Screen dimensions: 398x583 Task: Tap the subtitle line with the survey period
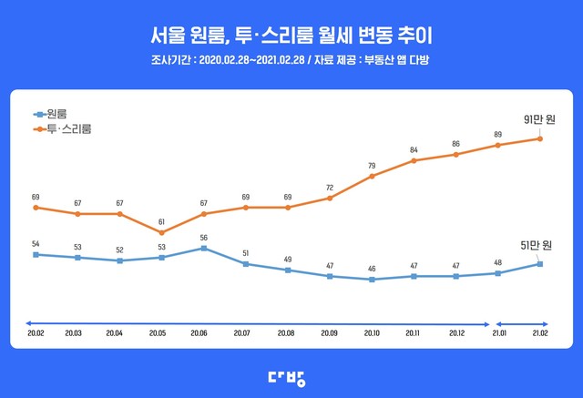click(291, 61)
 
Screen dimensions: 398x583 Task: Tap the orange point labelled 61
click(162, 233)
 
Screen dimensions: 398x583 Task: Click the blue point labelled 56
click(204, 248)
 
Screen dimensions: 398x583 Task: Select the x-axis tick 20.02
click(36, 334)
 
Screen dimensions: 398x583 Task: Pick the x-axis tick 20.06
click(204, 334)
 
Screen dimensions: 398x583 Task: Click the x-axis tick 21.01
click(497, 334)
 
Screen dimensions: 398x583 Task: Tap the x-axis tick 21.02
click(540, 334)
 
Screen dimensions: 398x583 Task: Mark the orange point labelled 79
click(372, 176)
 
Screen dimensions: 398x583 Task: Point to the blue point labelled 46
click(372, 280)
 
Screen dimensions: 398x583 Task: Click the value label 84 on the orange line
click(414, 150)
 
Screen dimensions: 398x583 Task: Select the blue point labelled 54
click(36, 255)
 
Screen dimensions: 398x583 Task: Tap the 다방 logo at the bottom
click(291, 377)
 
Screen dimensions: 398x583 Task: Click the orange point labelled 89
click(497, 145)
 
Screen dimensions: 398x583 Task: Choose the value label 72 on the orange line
click(330, 188)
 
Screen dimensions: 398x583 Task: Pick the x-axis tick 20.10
click(372, 334)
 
